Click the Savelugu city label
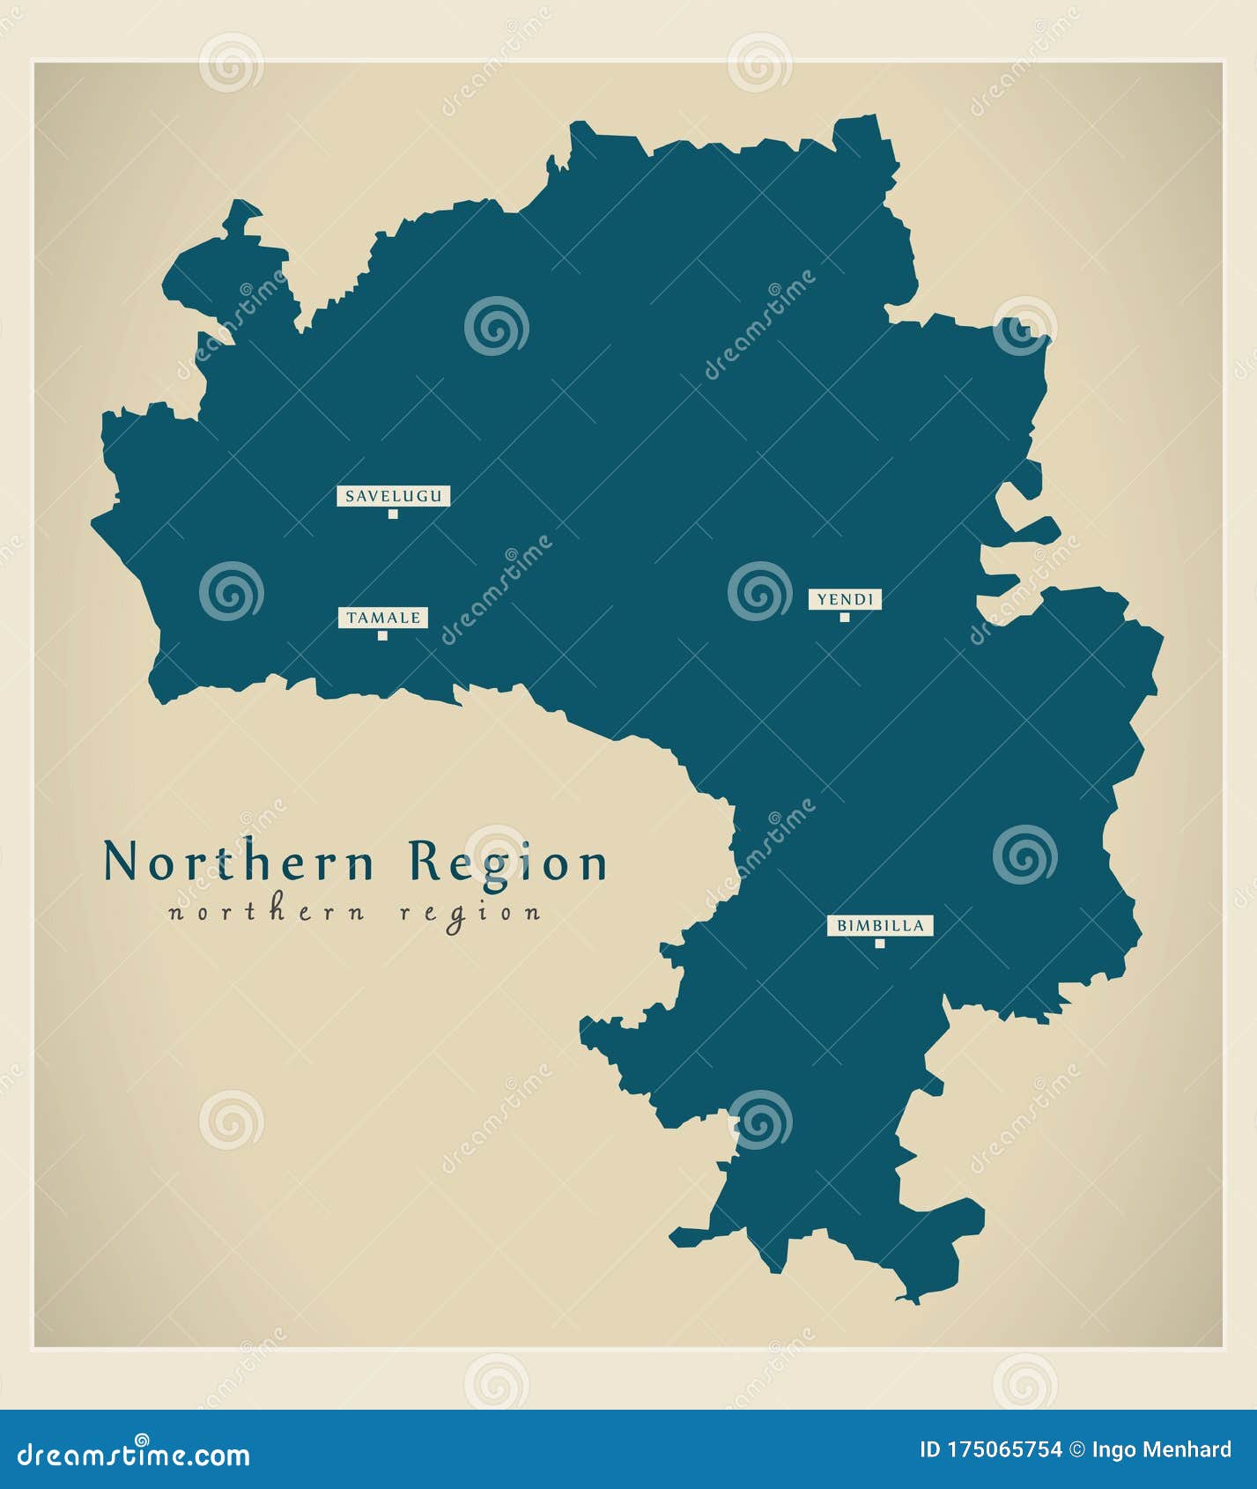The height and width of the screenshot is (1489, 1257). coord(393,496)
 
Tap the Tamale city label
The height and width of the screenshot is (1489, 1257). coord(383,618)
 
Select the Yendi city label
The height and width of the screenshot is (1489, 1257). coord(845,600)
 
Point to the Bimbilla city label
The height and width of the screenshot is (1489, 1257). coord(880,926)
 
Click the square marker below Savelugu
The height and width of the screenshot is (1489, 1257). coord(393,514)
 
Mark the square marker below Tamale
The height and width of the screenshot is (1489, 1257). coord(382,635)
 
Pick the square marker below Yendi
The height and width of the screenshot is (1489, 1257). coord(845,617)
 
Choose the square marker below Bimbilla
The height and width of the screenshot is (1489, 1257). coord(879,944)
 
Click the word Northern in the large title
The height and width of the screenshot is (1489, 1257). coord(240,861)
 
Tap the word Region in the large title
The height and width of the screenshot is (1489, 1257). coord(508,863)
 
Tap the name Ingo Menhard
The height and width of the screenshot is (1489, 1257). coord(1162,1449)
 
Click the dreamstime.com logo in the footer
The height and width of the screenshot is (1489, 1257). coord(134,1454)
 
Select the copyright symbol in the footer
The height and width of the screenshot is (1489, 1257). coord(1077,1449)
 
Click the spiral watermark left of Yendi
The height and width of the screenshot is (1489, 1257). coord(759,591)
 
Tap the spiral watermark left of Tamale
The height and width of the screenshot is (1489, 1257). coord(231,591)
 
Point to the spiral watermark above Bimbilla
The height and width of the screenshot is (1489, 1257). coord(1024,855)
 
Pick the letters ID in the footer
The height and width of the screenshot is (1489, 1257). coord(929,1449)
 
